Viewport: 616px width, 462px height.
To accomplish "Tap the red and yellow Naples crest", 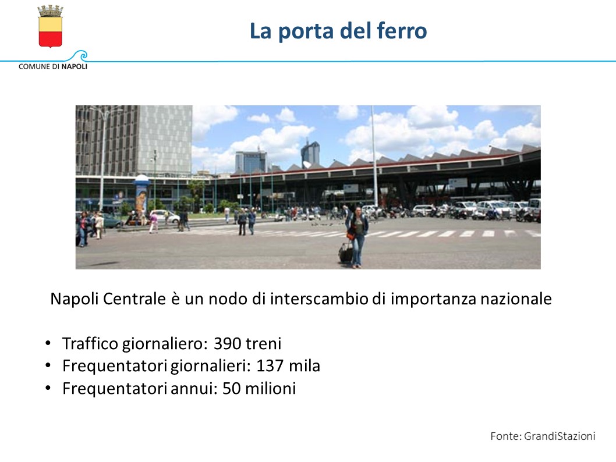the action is tap(50, 27).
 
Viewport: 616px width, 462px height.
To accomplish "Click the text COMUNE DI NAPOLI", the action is tap(53, 66).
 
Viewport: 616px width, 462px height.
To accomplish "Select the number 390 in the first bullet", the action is tap(228, 343).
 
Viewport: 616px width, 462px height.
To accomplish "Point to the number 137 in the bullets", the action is tap(270, 366).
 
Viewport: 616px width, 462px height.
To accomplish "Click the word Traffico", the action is tap(90, 343).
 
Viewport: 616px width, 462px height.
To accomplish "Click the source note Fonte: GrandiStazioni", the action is tap(543, 436).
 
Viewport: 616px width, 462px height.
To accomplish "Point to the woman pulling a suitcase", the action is tap(357, 237).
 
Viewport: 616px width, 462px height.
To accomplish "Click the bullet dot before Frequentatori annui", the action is tap(48, 388).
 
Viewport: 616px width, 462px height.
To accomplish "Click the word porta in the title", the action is tap(306, 31).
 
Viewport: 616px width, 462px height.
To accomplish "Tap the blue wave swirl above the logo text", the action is tap(80, 55).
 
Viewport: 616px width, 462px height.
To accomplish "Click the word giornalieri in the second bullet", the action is tap(210, 366).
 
